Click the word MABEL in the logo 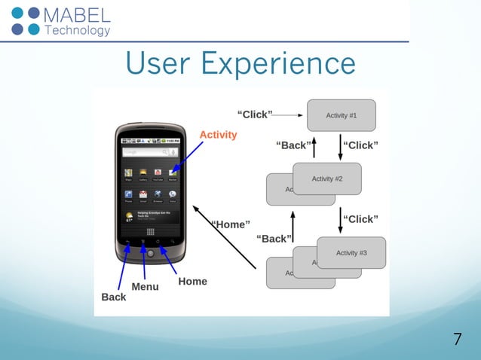pos(78,15)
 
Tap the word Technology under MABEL pos(78,31)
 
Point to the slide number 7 pos(457,339)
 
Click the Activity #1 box pos(341,115)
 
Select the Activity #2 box pos(327,178)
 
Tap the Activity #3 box pos(351,253)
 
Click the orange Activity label pos(218,135)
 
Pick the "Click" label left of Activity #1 pos(254,114)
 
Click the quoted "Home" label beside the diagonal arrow pos(231,224)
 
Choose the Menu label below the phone pos(145,287)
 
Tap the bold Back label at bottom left pos(114,297)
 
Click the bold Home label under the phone pos(192,281)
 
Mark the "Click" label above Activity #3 pos(360,219)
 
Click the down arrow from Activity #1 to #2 pos(340,146)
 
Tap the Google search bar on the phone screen pos(150,151)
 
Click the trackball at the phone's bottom pos(150,252)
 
